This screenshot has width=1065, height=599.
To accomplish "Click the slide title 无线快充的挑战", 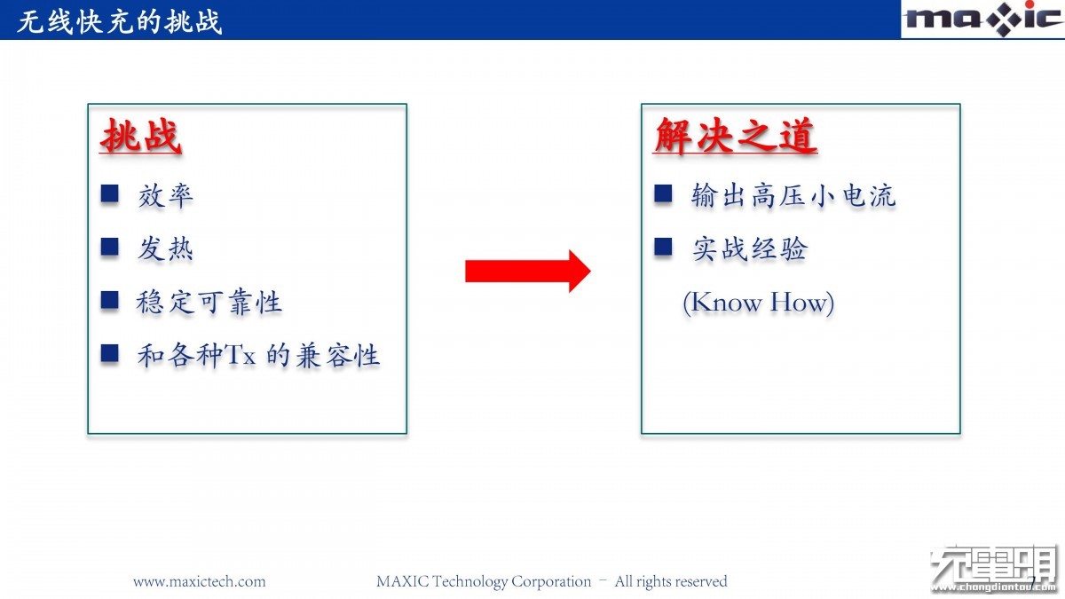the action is pos(119,22).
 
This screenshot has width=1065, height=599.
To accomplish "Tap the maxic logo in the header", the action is pos(982,19).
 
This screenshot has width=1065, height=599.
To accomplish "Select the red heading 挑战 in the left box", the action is pos(141,136).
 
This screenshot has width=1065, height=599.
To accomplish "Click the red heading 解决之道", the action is pos(735,136).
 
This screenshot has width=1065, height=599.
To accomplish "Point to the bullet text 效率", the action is pos(165,195).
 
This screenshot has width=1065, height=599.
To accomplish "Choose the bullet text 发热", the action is pos(165,248).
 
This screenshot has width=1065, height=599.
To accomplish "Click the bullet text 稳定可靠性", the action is pos(209,302).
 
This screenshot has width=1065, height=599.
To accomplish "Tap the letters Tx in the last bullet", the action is pos(241,355).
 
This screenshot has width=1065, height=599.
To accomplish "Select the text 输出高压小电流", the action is pos(793,195).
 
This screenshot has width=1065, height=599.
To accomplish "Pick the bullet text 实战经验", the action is pos(750,248).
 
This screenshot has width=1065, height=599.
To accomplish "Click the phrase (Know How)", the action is pos(758,303).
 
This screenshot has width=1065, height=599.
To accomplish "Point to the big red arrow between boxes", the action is pos(528,271).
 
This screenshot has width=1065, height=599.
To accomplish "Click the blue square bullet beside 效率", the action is pos(110,194).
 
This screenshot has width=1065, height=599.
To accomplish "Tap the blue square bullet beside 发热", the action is pos(110,248).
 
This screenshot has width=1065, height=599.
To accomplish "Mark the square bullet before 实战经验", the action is pos(663,248).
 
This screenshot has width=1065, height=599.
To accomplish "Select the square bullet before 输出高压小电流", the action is pos(663,194).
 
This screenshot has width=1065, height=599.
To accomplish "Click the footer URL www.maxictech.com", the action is pos(199,581).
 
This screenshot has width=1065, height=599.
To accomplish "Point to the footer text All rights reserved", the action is pos(671,581).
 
